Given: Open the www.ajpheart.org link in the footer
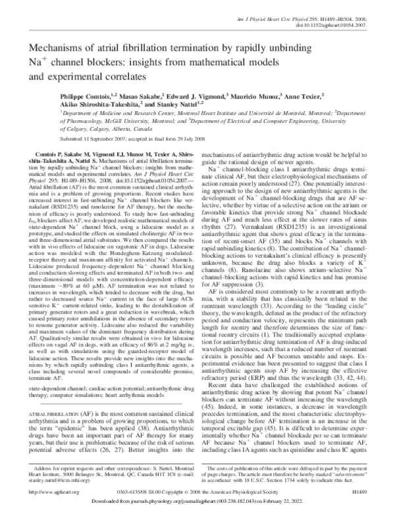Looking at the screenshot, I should pyautogui.click(x=45, y=490).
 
